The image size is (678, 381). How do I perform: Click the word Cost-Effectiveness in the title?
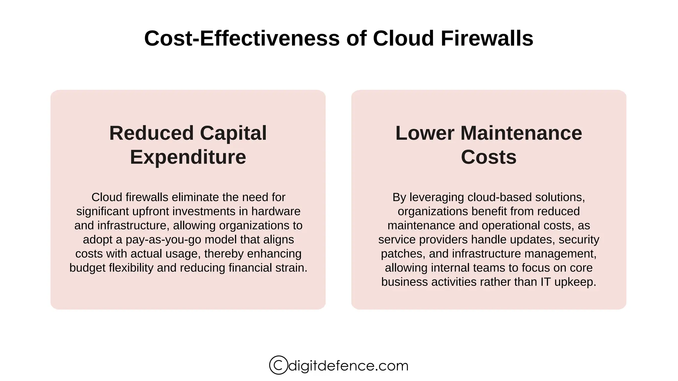tap(242, 38)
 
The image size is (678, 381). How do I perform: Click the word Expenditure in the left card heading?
tap(188, 157)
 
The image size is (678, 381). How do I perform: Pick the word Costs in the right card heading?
tap(489, 157)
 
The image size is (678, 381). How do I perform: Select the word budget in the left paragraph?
tap(87, 268)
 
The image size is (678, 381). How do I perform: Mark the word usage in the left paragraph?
tap(185, 254)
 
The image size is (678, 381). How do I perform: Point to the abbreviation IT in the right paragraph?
tap(546, 282)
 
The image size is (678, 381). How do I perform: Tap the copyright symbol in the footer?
tap(278, 365)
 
